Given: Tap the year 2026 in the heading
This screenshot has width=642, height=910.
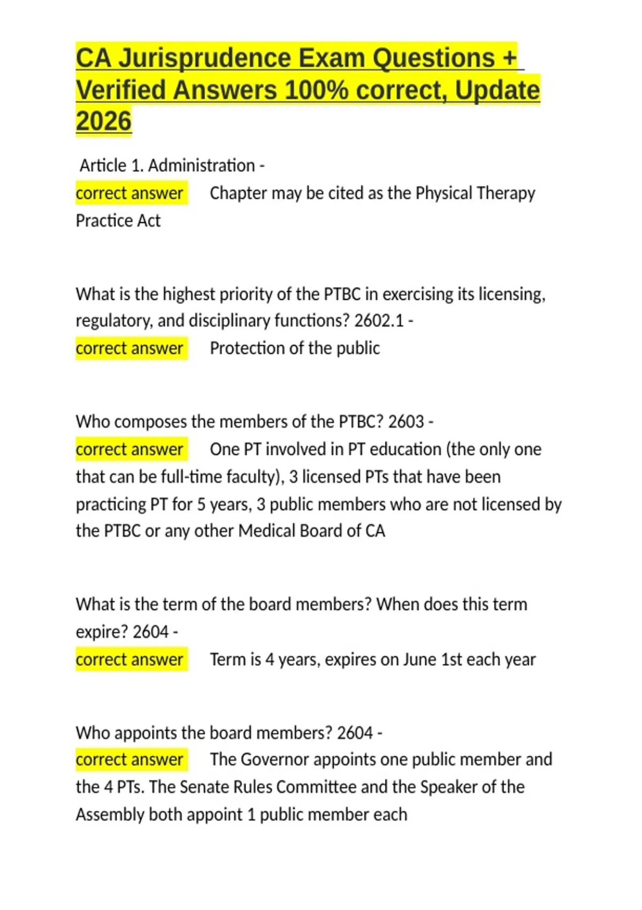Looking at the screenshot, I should click(103, 121).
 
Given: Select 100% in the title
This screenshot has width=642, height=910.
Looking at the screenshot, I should click(316, 90).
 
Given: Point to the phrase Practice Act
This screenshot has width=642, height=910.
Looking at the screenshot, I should click(118, 221).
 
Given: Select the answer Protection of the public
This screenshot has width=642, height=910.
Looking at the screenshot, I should click(295, 348).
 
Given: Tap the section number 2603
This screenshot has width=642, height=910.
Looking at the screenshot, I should click(406, 421).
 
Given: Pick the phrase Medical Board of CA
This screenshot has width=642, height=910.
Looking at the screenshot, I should click(312, 530).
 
